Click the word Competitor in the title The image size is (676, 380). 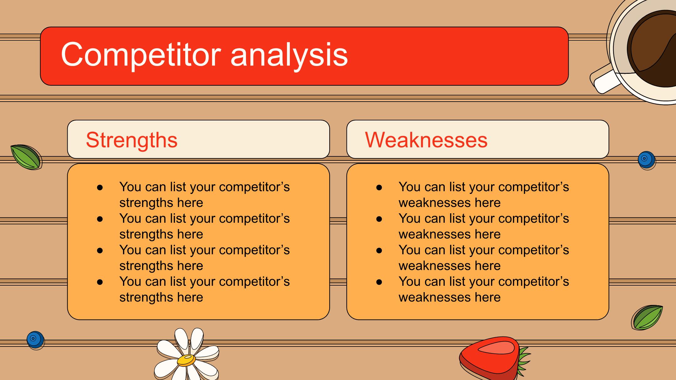(141, 55)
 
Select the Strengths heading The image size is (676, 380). (132, 140)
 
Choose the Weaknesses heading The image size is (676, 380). (426, 139)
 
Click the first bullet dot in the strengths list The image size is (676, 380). (100, 187)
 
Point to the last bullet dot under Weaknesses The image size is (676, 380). (379, 282)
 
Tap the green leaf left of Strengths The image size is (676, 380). (26, 157)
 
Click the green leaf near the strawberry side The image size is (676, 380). (647, 317)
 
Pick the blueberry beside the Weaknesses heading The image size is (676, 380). (646, 160)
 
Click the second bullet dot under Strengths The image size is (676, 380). (100, 219)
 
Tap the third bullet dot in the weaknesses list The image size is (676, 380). (379, 250)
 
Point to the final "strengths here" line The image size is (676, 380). (161, 297)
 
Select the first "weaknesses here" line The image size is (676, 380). (449, 203)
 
